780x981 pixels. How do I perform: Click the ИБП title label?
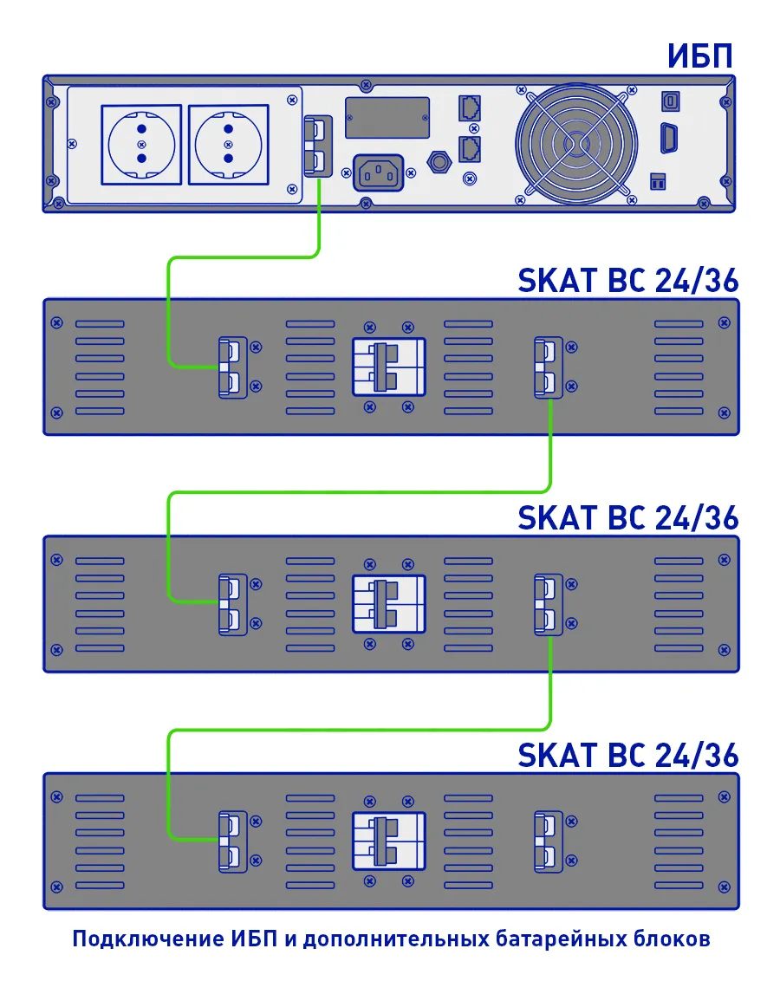(x=700, y=57)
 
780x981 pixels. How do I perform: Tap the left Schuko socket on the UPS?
(x=142, y=144)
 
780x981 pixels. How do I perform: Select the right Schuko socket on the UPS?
(x=228, y=144)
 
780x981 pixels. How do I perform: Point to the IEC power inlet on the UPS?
(x=380, y=172)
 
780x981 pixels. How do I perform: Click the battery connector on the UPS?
(x=318, y=146)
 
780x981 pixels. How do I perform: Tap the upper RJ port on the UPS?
(x=469, y=107)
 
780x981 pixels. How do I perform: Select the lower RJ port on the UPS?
(x=469, y=146)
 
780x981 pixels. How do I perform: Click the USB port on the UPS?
(x=670, y=101)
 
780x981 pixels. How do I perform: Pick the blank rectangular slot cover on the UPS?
(x=387, y=117)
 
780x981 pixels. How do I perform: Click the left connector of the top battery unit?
(x=232, y=367)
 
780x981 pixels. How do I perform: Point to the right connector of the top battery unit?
(x=547, y=367)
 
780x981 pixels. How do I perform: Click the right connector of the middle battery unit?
(x=547, y=603)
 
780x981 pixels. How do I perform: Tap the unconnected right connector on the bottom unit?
(x=547, y=840)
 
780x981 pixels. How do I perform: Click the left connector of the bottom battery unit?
(x=232, y=840)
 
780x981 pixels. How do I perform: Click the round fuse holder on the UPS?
(x=441, y=160)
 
